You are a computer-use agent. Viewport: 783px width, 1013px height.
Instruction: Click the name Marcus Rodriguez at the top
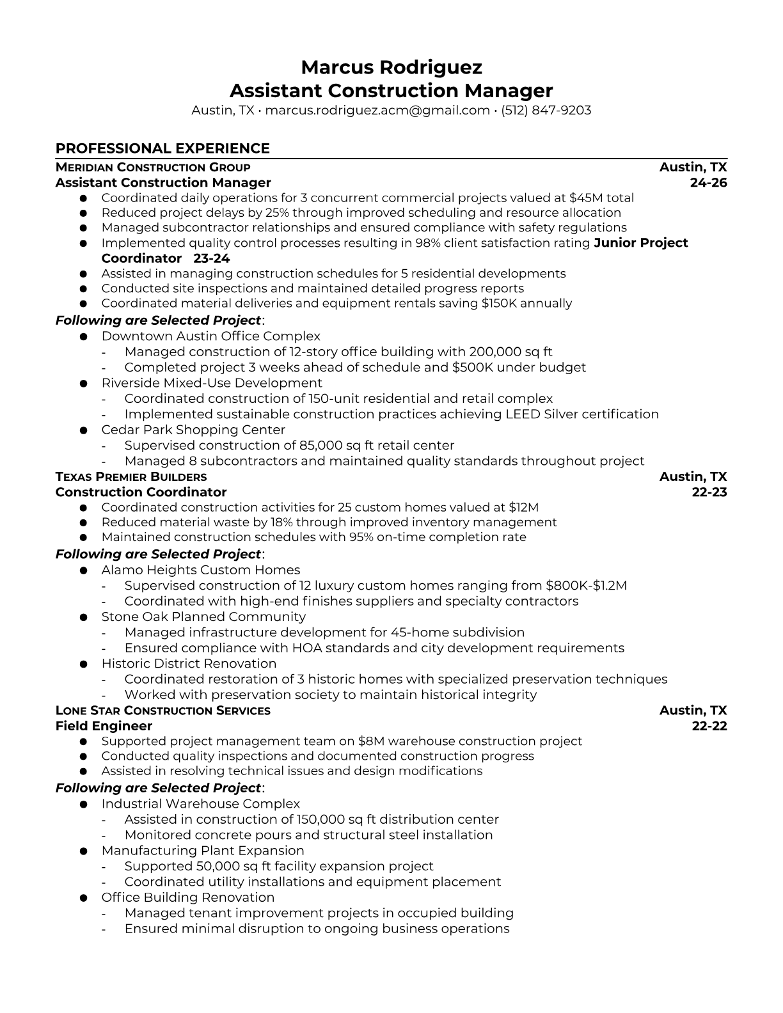[x=391, y=67]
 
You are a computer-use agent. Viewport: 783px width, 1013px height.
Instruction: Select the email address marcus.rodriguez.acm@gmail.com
[x=377, y=110]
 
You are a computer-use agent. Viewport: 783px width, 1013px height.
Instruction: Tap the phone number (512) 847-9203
[x=546, y=110]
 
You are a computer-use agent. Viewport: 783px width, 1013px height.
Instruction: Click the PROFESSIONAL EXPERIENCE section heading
[x=162, y=148]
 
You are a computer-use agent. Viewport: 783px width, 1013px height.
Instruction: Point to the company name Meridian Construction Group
[x=153, y=168]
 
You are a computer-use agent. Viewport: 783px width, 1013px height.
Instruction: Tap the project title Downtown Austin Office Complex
[x=210, y=336]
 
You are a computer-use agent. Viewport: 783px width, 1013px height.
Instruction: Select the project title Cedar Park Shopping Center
[x=193, y=430]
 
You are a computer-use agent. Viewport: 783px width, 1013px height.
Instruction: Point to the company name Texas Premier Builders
[x=131, y=477]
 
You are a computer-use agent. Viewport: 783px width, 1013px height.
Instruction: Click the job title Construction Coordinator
[x=141, y=492]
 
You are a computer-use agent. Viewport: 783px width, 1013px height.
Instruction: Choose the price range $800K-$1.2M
[x=586, y=586]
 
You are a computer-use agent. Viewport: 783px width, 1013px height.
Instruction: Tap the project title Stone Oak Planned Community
[x=203, y=617]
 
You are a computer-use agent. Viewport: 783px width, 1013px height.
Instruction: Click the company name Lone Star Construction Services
[x=163, y=711]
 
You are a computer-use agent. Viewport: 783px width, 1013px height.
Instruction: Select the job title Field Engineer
[x=104, y=726]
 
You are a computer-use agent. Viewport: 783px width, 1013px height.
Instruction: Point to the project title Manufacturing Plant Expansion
[x=203, y=851]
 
